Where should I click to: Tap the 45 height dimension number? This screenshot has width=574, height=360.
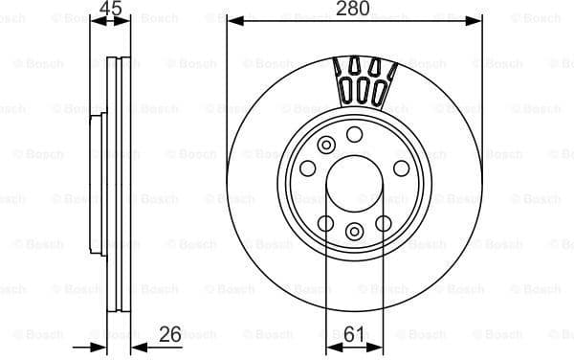(110, 9)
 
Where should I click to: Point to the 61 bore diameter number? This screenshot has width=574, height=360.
(355, 335)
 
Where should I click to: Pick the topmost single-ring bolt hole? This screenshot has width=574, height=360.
(355, 133)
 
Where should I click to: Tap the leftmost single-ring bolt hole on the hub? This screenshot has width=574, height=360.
(308, 168)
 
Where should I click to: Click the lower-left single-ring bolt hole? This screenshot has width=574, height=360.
(325, 223)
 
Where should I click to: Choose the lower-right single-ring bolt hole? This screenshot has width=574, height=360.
(384, 223)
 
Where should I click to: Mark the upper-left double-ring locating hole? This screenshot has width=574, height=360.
(326, 146)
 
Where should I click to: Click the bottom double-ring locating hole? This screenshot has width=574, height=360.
(355, 230)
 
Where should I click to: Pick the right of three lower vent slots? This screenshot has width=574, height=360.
(379, 92)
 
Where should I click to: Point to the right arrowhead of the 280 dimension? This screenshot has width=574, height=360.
(475, 19)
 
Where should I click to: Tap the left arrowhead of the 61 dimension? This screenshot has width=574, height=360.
(331, 346)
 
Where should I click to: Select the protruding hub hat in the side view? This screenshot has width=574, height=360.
(98, 181)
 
